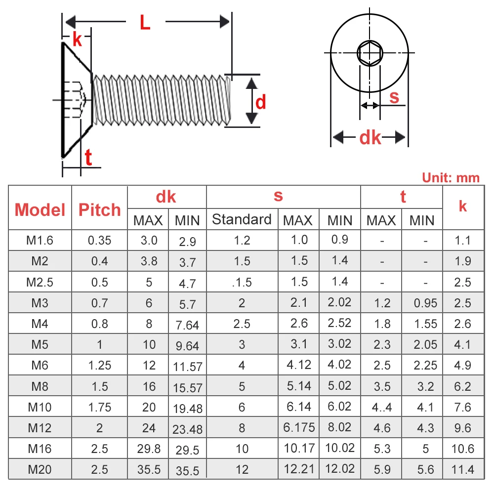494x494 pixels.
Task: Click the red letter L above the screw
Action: coord(144,23)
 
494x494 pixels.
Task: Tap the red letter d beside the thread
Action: coord(260,102)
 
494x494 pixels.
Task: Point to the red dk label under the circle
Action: coord(370,138)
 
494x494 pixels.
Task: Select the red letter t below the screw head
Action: coord(88,158)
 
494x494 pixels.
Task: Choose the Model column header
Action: coord(40,209)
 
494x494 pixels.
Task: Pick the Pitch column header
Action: coord(99,209)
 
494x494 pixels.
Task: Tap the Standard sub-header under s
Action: coord(242,219)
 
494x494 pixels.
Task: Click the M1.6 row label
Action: coord(40,241)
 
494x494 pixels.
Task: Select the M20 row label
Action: coord(40,469)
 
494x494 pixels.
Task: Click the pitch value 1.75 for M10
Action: coord(99,407)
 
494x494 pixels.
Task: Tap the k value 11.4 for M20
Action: coord(462,469)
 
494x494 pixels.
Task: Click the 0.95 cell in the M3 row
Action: coord(425,303)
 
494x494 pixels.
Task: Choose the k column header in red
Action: coord(462,206)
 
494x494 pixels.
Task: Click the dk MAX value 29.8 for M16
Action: coord(149,449)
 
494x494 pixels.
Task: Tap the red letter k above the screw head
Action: coord(77,40)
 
